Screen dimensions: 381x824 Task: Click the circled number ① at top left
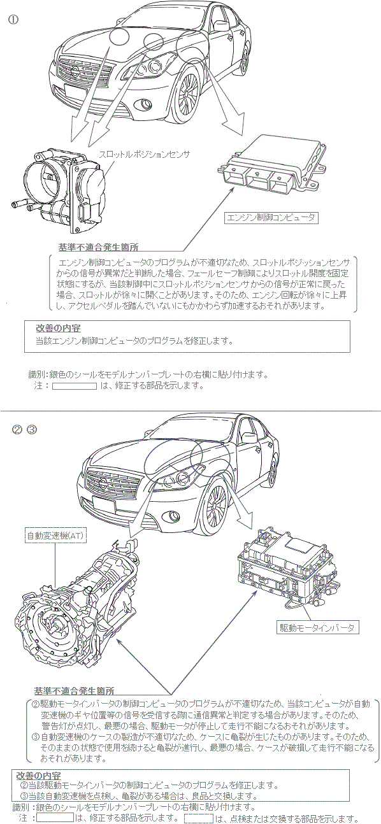[x=13, y=20]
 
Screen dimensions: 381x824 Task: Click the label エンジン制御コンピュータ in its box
[x=271, y=217]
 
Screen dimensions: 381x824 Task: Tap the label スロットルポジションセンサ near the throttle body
[x=144, y=155]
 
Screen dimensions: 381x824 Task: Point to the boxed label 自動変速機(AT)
[x=56, y=536]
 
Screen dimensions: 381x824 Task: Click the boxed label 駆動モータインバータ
[x=317, y=628]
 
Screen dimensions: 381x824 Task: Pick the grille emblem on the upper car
[x=75, y=70]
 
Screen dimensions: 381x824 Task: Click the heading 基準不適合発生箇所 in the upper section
[x=98, y=247]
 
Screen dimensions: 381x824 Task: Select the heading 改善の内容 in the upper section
[x=58, y=328]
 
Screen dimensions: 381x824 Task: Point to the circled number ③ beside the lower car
[x=32, y=429]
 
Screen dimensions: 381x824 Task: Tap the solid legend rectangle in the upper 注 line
[x=75, y=386]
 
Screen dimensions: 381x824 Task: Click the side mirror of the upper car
[x=220, y=26]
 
